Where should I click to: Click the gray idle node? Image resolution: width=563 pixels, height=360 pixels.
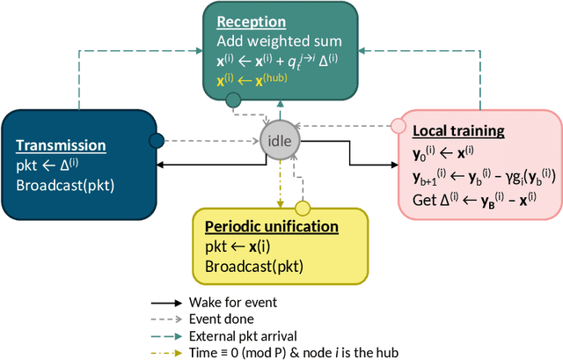tap(281, 142)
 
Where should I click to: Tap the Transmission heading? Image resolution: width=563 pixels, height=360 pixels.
tap(61, 146)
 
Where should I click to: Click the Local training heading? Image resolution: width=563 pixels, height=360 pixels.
tap(458, 131)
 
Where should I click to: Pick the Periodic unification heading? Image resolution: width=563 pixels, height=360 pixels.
tap(272, 225)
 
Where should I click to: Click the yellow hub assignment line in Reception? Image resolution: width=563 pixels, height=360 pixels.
tap(252, 79)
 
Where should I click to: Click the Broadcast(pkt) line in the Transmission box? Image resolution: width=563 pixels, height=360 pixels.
tap(66, 185)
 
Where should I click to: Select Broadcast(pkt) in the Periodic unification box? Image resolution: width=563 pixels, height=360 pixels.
tap(255, 266)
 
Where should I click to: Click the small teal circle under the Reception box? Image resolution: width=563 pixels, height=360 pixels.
tap(233, 100)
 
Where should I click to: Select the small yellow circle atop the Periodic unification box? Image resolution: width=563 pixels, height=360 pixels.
tap(301, 209)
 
